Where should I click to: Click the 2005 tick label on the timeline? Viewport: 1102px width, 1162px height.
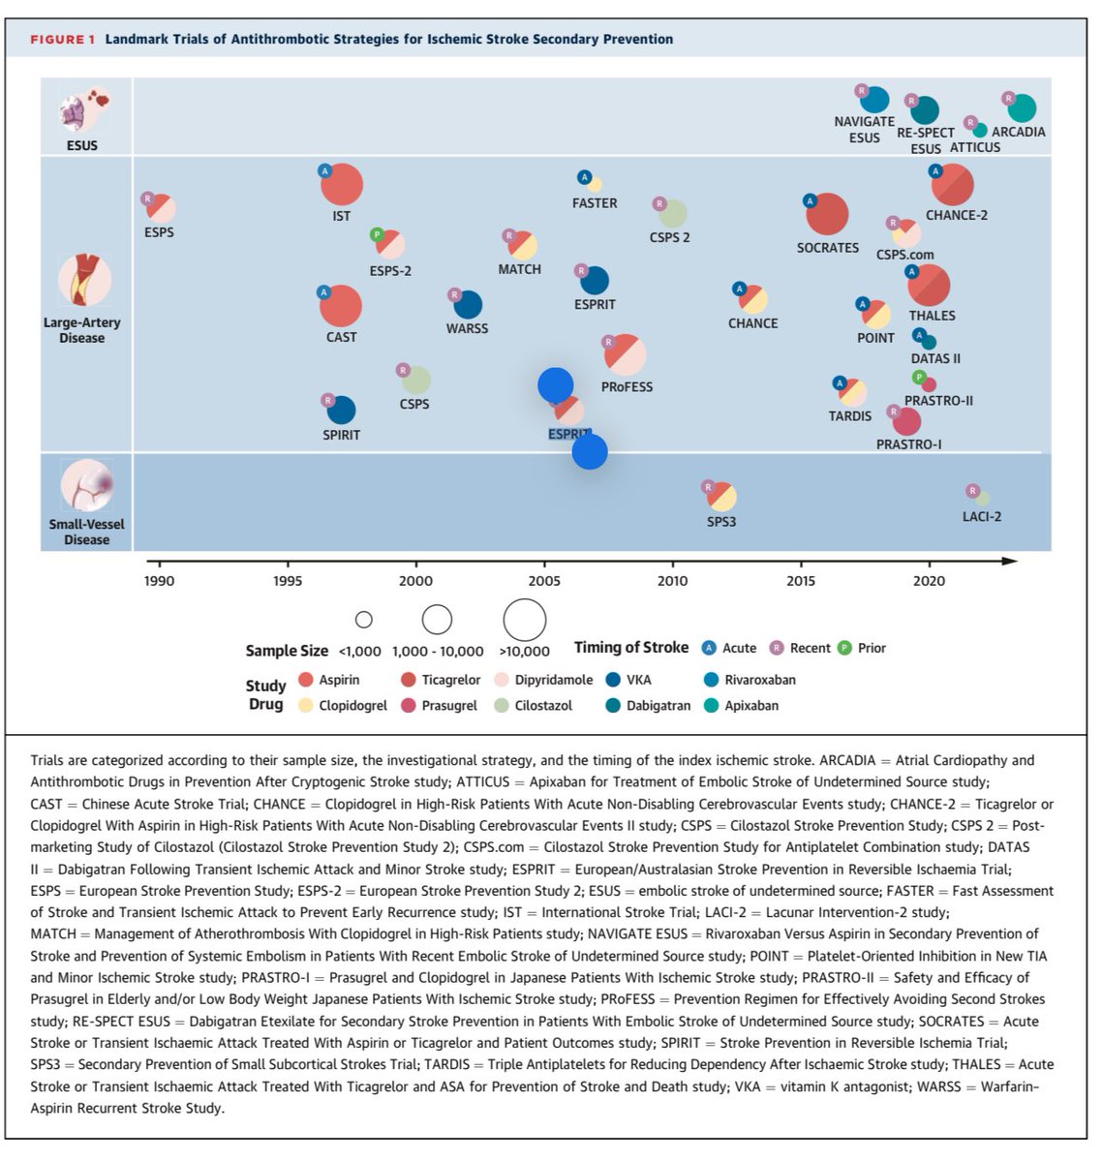pos(543,580)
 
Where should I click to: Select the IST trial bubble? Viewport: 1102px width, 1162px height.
pos(341,184)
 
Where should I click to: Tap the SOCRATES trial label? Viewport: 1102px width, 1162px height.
pos(827,248)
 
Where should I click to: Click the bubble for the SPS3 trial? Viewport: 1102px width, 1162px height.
pos(721,497)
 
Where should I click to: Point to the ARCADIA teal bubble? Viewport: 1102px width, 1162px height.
pos(1021,108)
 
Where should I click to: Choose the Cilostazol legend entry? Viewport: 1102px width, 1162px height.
pos(534,705)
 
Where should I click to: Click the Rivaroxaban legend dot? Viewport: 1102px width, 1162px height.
pos(711,680)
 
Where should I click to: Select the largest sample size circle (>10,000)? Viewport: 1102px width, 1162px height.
pos(525,620)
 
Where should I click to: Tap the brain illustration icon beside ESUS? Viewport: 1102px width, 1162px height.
pos(84,110)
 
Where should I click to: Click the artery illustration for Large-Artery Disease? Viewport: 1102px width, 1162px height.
pos(84,280)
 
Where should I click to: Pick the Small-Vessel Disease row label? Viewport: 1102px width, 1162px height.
pos(86,532)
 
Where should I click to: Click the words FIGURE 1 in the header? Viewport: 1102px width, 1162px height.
pos(62,40)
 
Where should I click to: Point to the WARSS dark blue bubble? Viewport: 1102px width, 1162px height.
pos(468,305)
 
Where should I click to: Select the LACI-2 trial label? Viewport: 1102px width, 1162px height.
pos(981,516)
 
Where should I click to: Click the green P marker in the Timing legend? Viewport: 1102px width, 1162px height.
pos(844,648)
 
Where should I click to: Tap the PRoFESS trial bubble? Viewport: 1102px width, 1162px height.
pos(625,354)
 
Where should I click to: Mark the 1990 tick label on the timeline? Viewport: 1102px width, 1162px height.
pos(159,580)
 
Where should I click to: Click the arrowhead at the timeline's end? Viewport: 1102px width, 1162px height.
pos(1010,561)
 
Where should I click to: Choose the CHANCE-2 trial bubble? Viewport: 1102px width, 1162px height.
pos(952,185)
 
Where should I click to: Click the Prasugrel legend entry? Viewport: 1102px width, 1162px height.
pos(440,705)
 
